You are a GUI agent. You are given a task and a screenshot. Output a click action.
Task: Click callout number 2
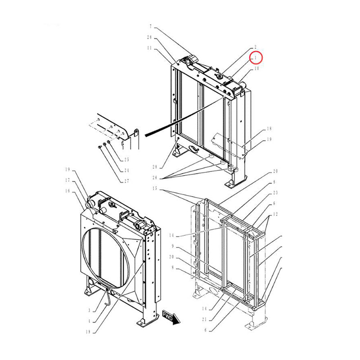(255, 47)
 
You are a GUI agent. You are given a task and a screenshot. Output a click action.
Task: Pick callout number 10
(256, 69)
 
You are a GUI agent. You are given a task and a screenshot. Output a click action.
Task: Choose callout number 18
(269, 129)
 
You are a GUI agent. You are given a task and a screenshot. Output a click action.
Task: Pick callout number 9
(172, 247)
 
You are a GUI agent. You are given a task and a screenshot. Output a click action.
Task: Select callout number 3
(90, 310)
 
